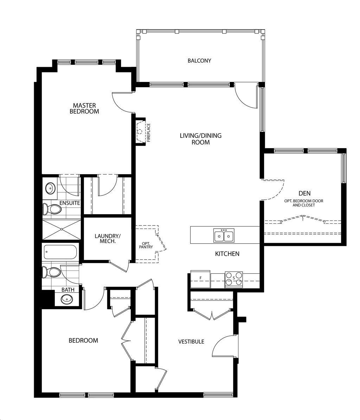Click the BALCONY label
[x=199, y=61]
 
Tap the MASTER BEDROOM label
[x=84, y=108]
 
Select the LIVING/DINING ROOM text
[x=200, y=139]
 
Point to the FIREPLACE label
[x=149, y=132]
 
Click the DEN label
[x=304, y=193]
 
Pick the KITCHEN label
[x=227, y=254]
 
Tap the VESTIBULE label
[x=191, y=342]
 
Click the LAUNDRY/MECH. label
[x=108, y=238]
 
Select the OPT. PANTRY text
[x=146, y=245]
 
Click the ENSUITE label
[x=70, y=203]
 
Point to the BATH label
[x=68, y=289]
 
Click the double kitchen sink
[x=224, y=235]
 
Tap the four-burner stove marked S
[x=234, y=279]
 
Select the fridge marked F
[x=200, y=279]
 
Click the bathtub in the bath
[x=60, y=252]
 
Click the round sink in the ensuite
[x=50, y=188]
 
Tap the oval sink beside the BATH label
[x=67, y=299]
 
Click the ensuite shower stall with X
[x=62, y=229]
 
